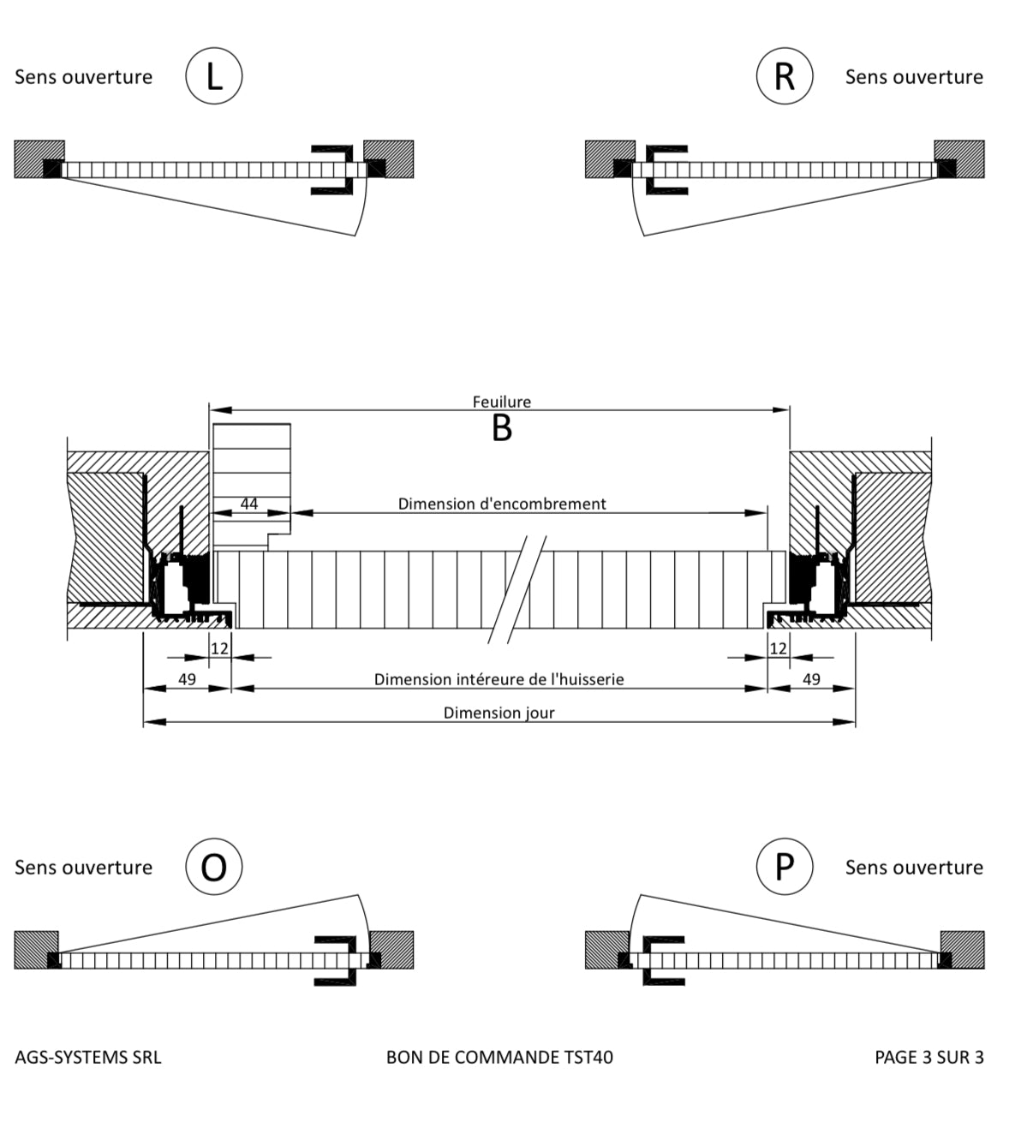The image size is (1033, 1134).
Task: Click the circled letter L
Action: [214, 76]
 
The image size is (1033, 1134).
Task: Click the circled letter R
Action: [784, 76]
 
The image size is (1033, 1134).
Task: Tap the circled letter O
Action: [214, 867]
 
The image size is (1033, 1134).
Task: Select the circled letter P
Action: [784, 867]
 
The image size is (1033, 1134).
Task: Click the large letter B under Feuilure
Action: [502, 428]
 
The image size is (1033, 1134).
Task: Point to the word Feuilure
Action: [502, 402]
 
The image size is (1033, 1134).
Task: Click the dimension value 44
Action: [249, 504]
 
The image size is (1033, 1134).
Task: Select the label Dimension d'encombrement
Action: [502, 504]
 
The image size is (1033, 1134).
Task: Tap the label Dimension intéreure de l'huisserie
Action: [499, 679]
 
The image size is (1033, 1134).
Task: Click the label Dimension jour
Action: [499, 713]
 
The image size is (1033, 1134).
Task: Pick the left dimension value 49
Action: [187, 679]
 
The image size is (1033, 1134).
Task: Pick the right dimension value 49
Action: [811, 679]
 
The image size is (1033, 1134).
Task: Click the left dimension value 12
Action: [220, 648]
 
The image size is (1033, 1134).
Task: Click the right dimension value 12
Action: [778, 648]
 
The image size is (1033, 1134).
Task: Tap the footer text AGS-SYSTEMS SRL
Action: [88, 1057]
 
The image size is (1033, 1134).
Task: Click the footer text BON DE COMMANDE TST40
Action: [499, 1057]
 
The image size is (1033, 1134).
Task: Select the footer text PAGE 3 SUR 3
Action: [929, 1057]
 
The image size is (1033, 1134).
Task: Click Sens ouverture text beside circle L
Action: [83, 77]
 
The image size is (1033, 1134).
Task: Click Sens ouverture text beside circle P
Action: [914, 868]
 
